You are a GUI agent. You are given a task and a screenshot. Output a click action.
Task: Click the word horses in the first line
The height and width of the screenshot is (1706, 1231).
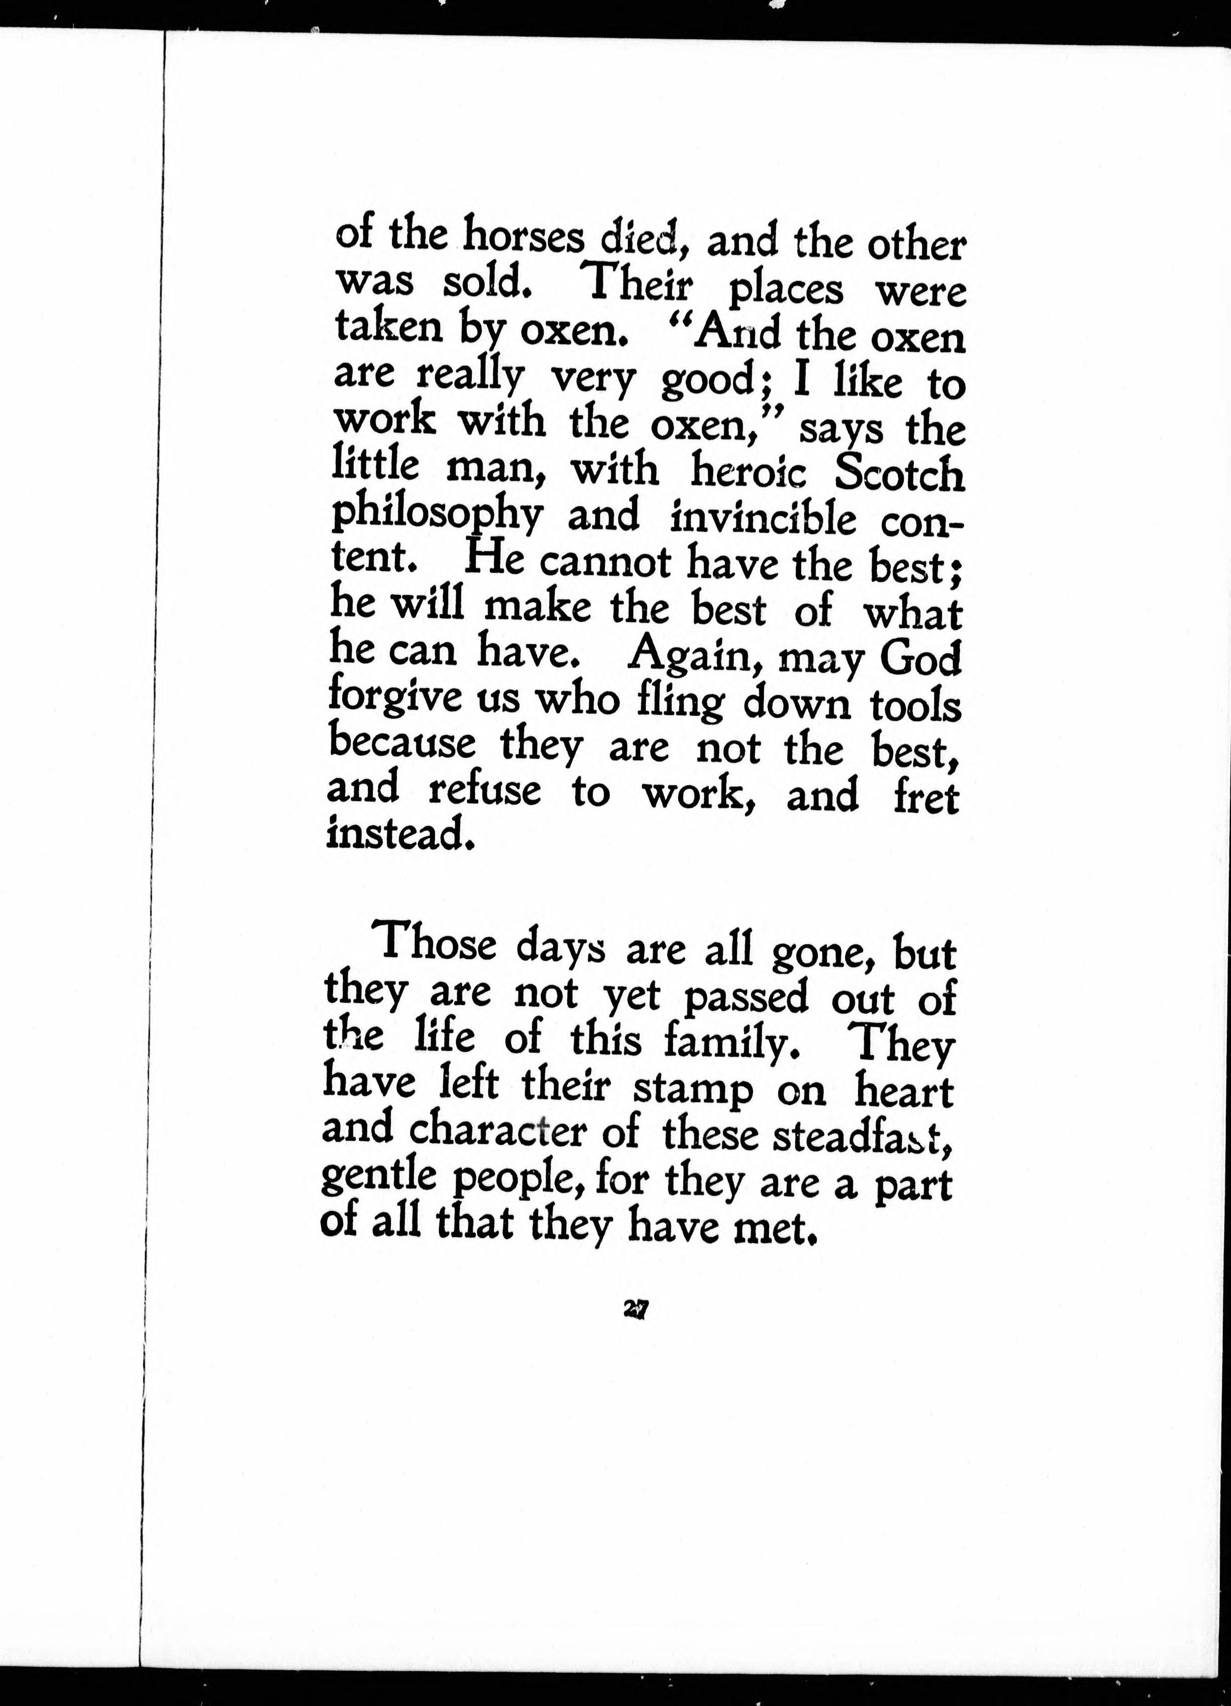[x=523, y=236]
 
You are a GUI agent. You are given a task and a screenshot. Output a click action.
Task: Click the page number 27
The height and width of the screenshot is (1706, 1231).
[x=636, y=1310]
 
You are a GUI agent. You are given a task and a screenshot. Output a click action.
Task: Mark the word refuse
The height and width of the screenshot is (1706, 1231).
[x=484, y=791]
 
